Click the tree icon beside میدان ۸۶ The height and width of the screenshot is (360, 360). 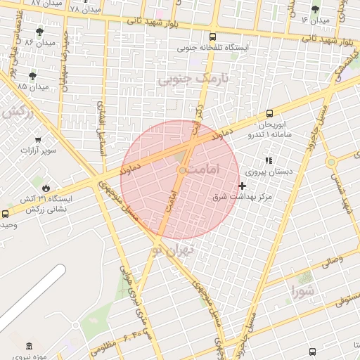[39, 32]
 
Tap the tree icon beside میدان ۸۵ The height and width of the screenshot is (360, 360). [32, 75]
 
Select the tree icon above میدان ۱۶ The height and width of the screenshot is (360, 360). [314, 9]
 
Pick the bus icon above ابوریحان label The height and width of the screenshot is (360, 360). [269, 113]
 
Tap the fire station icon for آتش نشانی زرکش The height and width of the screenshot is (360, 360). [46, 188]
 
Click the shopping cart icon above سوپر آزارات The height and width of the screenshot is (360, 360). [37, 139]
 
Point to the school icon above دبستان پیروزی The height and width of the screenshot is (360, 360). [269, 160]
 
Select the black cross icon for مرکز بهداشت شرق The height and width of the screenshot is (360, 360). [243, 186]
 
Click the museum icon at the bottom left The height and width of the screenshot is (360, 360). [29, 346]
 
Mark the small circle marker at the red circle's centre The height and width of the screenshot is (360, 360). [182, 170]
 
